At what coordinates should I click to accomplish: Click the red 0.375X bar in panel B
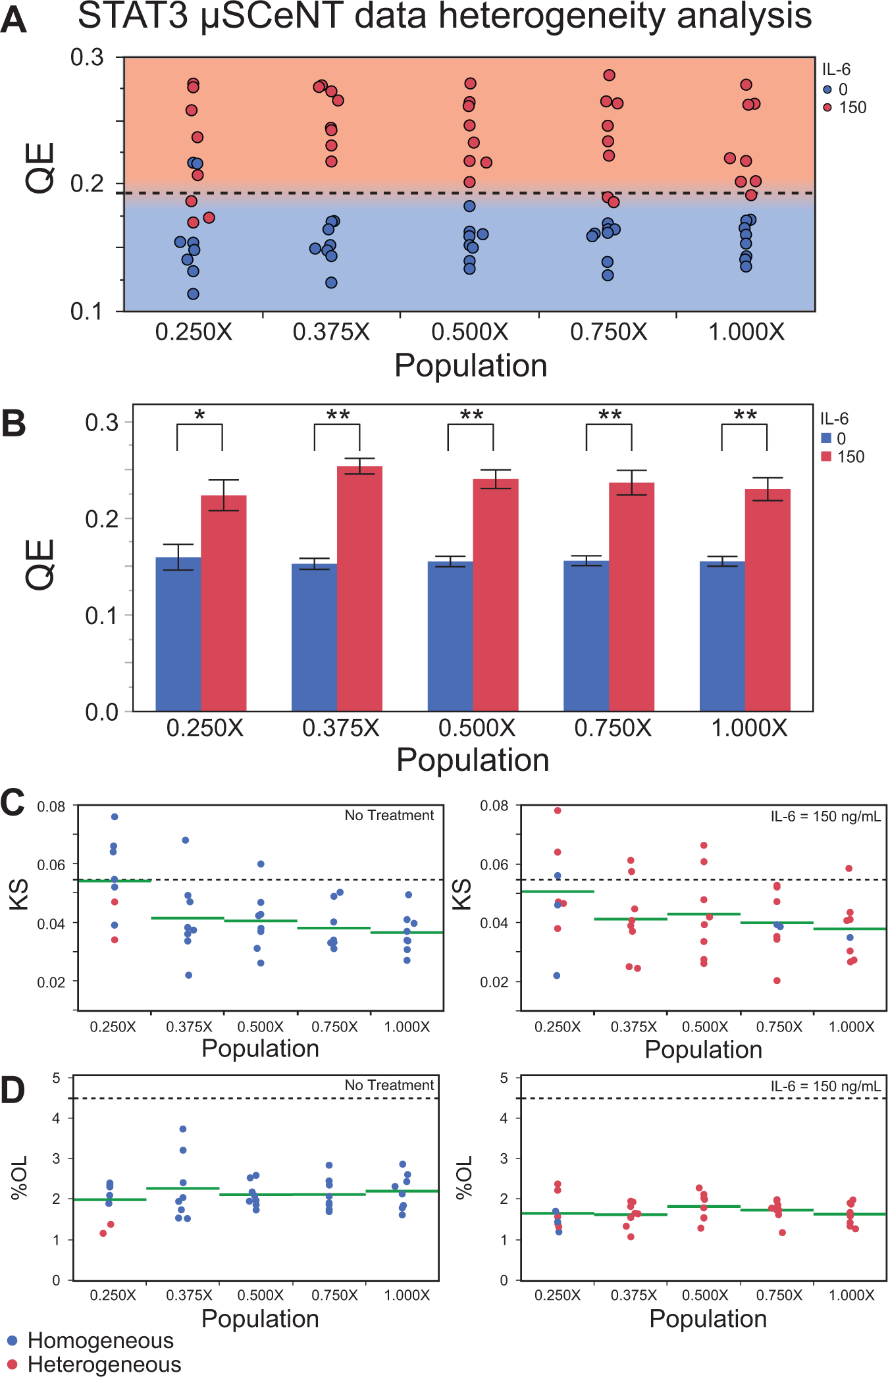coord(359,588)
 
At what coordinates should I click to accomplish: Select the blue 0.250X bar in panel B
coord(178,634)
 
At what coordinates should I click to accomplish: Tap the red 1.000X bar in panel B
coord(768,600)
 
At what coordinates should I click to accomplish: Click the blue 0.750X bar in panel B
coord(587,636)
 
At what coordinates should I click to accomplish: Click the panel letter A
coord(14,20)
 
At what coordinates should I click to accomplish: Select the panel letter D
coord(13,1091)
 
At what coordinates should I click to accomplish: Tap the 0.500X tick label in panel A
coord(469,332)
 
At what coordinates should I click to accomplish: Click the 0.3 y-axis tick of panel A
coord(88,57)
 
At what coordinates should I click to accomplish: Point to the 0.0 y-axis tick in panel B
coord(102,712)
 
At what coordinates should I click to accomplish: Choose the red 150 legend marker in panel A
coord(827,107)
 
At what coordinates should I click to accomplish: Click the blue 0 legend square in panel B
coord(826,438)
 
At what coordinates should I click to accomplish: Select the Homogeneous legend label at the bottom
coord(101,1340)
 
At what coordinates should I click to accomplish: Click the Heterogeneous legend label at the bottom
coord(104,1364)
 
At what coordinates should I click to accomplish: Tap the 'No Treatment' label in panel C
coord(389,816)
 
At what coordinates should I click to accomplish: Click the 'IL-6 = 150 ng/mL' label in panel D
coord(825,1086)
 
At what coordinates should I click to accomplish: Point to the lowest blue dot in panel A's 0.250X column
coord(193,294)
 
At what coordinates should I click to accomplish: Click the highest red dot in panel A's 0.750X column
coord(609,75)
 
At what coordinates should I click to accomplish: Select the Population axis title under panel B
coord(473,760)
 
